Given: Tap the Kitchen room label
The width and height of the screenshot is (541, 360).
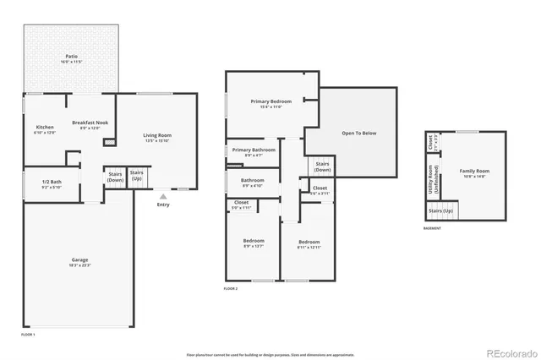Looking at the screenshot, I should pyautogui.click(x=44, y=128).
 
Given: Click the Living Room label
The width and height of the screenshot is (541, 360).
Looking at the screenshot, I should pyautogui.click(x=157, y=136).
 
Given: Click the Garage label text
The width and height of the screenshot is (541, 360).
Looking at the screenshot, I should pyautogui.click(x=79, y=260).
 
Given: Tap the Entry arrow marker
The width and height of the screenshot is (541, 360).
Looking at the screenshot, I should pyautogui.click(x=162, y=195).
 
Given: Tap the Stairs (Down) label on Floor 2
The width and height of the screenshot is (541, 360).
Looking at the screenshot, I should pyautogui.click(x=322, y=166).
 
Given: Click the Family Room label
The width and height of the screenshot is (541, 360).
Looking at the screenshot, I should pyautogui.click(x=474, y=172).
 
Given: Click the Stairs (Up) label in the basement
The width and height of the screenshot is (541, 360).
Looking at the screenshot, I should pyautogui.click(x=441, y=210).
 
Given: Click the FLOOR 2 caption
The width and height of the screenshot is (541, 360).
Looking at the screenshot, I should pyautogui.click(x=231, y=289).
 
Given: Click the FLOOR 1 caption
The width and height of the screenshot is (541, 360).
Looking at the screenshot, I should pyautogui.click(x=29, y=335).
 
